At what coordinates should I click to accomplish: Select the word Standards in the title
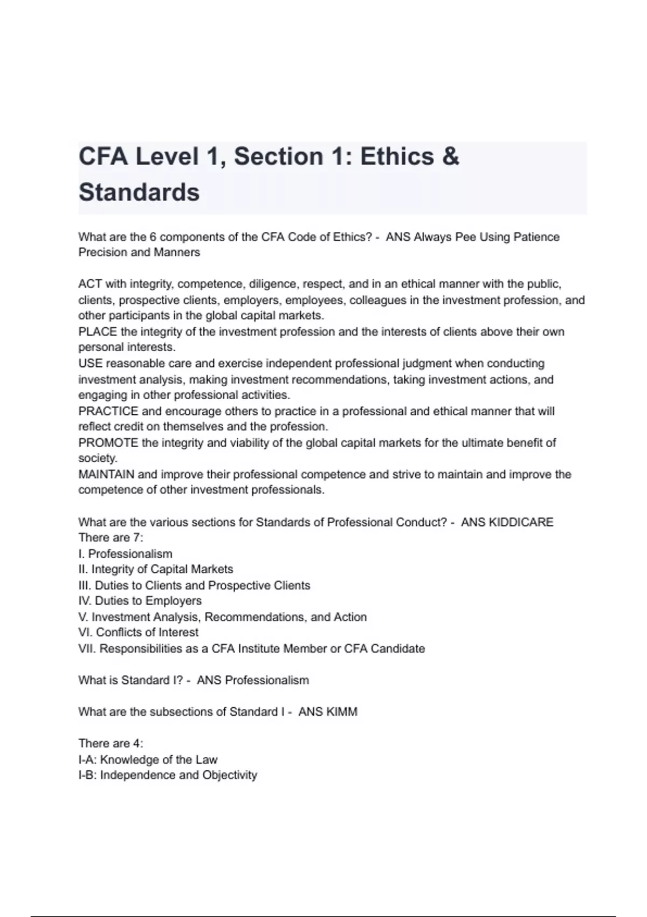[x=139, y=193]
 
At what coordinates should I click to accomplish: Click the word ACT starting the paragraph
[x=90, y=284]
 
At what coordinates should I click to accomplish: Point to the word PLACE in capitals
[x=98, y=332]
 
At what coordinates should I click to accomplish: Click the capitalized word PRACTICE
[x=108, y=411]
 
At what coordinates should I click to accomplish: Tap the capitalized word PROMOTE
[x=108, y=443]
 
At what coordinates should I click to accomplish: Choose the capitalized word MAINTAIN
[x=106, y=475]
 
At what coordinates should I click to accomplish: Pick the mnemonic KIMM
[x=342, y=712]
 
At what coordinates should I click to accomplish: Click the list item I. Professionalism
[x=126, y=554]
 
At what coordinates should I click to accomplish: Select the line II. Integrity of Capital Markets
[x=156, y=569]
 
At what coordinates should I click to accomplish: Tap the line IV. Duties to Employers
[x=140, y=601]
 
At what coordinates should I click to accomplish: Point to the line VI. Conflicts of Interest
[x=139, y=632]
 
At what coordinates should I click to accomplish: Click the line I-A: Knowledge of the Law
[x=148, y=759]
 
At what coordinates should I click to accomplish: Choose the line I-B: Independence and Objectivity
[x=168, y=775]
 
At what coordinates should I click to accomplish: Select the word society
[x=98, y=458]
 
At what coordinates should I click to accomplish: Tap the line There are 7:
[x=111, y=538]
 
